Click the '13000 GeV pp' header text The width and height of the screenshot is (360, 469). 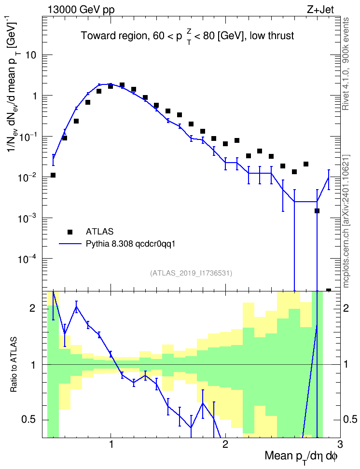[x=81, y=10]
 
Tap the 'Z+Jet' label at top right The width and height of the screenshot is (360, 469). [x=320, y=10]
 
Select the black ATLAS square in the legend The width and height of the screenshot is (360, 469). [x=70, y=232]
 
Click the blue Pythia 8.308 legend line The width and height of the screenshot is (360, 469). [x=70, y=244]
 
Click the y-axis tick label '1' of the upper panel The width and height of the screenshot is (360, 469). [x=34, y=97]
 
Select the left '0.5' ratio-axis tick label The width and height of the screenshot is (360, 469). [x=28, y=420]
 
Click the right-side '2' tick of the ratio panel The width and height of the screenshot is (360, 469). [x=346, y=308]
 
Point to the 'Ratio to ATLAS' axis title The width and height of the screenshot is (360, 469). [x=14, y=365]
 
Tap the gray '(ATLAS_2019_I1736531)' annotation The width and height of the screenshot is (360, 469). [x=191, y=273]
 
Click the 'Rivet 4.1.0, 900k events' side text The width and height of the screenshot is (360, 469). [x=346, y=64]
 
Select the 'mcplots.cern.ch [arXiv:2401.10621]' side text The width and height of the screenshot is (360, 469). [x=346, y=221]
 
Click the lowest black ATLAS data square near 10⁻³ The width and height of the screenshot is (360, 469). [x=317, y=211]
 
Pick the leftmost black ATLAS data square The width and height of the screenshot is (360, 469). [x=53, y=175]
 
